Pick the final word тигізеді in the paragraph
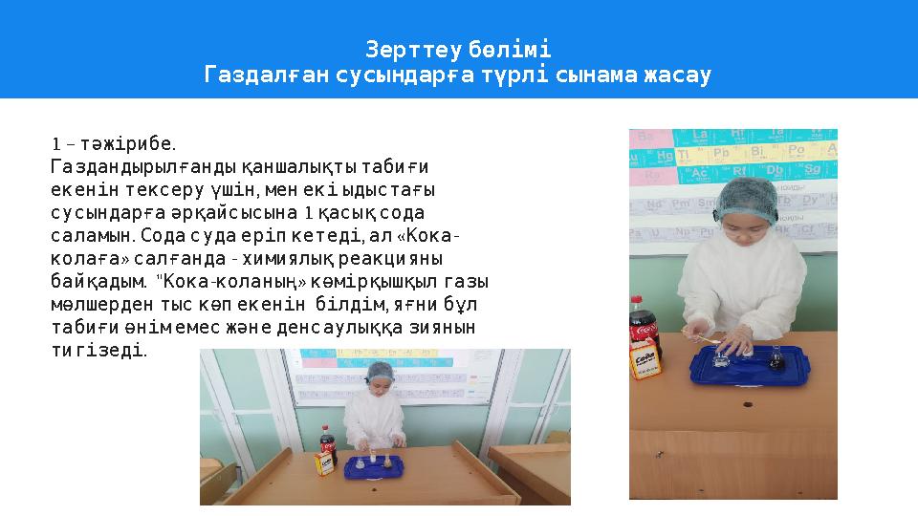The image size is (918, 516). tap(99, 350)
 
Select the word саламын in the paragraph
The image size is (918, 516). tap(93, 235)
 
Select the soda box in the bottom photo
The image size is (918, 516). tap(326, 464)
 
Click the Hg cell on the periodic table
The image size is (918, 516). tap(666, 155)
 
